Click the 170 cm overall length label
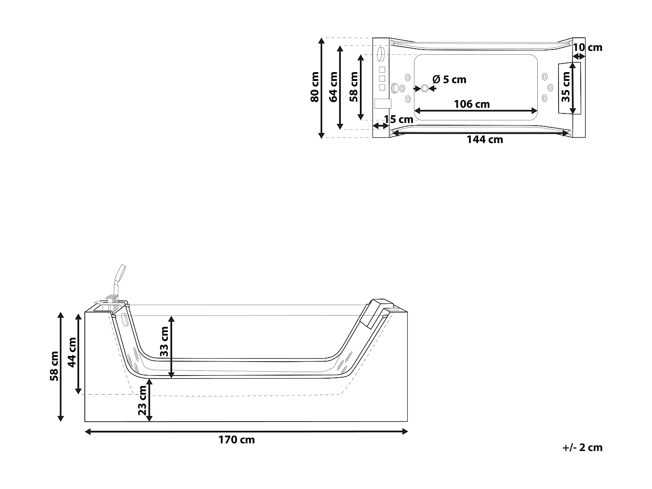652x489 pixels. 236,440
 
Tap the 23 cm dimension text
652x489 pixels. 142,400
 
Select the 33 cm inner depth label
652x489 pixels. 164,342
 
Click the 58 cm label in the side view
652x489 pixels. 54,366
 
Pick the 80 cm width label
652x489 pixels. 315,87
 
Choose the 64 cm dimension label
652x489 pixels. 333,87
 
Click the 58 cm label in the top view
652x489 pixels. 354,87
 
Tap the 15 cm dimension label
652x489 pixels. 399,119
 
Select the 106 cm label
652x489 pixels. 472,104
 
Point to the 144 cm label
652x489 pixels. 485,140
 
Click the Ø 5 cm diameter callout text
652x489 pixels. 449,80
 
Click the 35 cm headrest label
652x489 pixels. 566,87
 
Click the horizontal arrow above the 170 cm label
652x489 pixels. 246,431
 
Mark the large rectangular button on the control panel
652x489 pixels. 383,104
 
